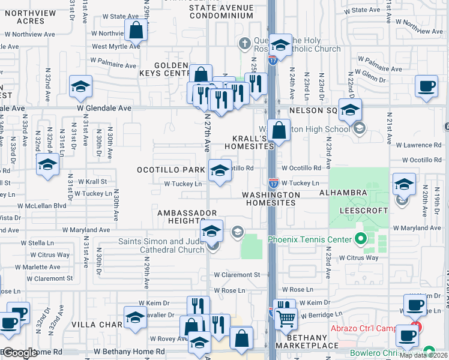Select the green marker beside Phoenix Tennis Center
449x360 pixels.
pyautogui.click(x=360, y=239)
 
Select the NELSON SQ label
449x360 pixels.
pyautogui.click(x=313, y=111)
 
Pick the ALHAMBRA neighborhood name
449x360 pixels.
pyautogui.click(x=343, y=192)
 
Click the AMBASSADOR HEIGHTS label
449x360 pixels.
pyautogui.click(x=187, y=217)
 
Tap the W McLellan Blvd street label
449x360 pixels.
pyautogui.click(x=41, y=205)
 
